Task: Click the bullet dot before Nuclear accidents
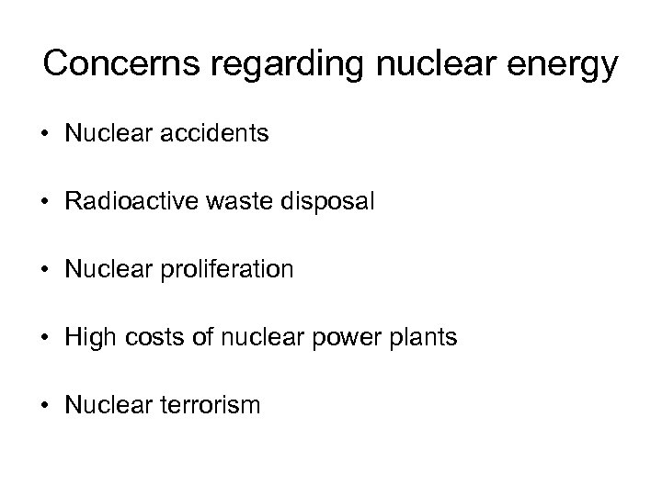45,135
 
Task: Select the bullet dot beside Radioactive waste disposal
45,203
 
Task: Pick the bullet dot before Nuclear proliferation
45,271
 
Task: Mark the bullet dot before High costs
45,338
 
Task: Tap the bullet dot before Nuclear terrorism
45,406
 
